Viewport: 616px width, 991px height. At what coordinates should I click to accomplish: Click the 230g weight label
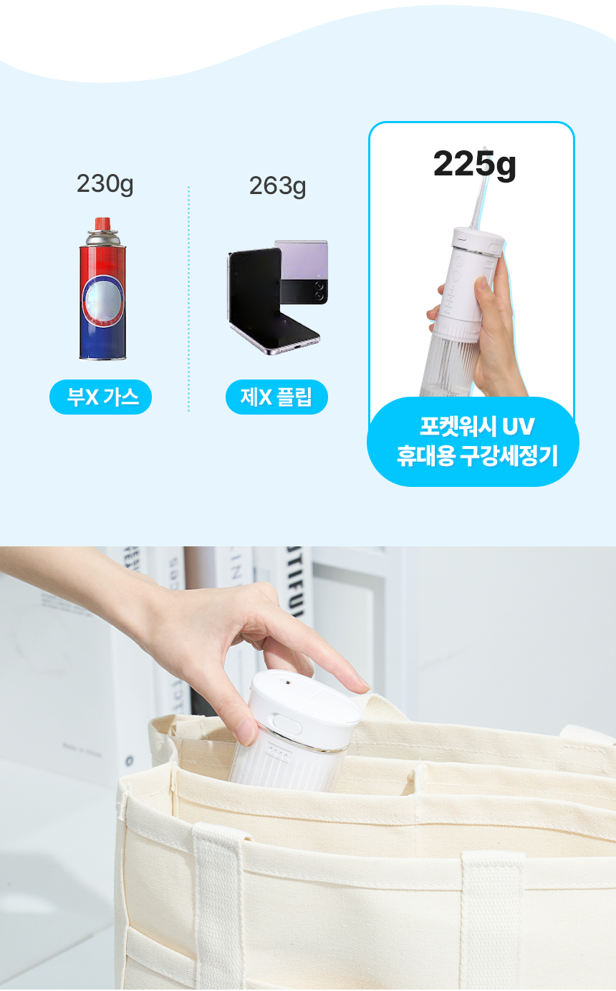(x=105, y=184)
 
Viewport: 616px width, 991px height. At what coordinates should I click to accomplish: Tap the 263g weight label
(x=277, y=186)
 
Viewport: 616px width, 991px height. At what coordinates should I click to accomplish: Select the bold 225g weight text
(x=474, y=165)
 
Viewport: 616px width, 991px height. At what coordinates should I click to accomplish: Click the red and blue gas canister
(x=102, y=294)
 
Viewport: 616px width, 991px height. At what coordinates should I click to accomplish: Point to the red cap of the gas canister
(x=102, y=223)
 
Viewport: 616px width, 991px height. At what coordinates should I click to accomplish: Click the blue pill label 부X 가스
(x=100, y=397)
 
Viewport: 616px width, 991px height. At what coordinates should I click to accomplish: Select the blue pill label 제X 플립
(x=276, y=397)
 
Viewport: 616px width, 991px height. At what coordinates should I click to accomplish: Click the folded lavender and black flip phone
(x=302, y=272)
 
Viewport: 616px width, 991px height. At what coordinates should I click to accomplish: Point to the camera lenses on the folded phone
(x=319, y=290)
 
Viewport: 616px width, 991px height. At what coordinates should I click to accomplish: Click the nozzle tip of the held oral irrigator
(x=485, y=150)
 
